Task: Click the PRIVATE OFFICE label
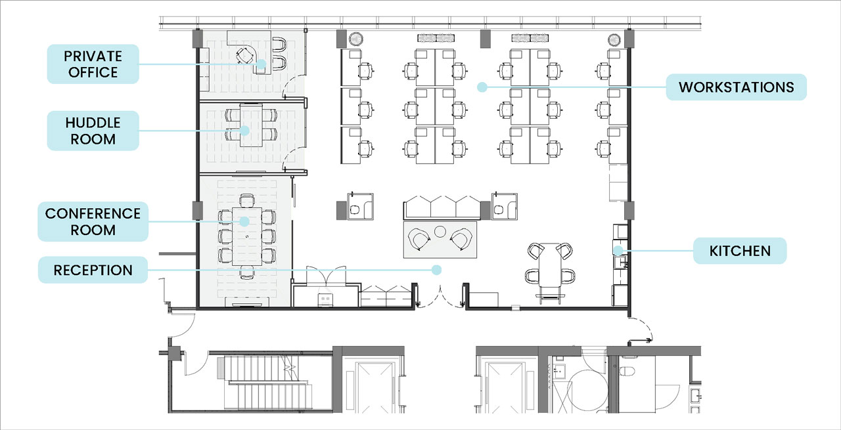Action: [93, 64]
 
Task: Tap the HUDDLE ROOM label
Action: [93, 131]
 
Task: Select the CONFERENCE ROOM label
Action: [93, 221]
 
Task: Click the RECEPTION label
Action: [93, 270]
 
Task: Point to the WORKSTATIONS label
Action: [737, 87]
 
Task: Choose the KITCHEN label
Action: [740, 251]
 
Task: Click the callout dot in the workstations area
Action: [482, 87]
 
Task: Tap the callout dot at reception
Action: [436, 270]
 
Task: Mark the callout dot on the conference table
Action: [244, 221]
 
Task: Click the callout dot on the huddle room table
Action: [244, 131]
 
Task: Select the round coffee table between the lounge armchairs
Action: [440, 232]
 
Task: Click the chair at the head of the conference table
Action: [246, 201]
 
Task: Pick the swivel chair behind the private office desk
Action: [245, 56]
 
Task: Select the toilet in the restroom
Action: [626, 371]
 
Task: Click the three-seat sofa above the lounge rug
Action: [442, 207]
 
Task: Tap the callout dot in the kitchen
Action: [618, 250]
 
